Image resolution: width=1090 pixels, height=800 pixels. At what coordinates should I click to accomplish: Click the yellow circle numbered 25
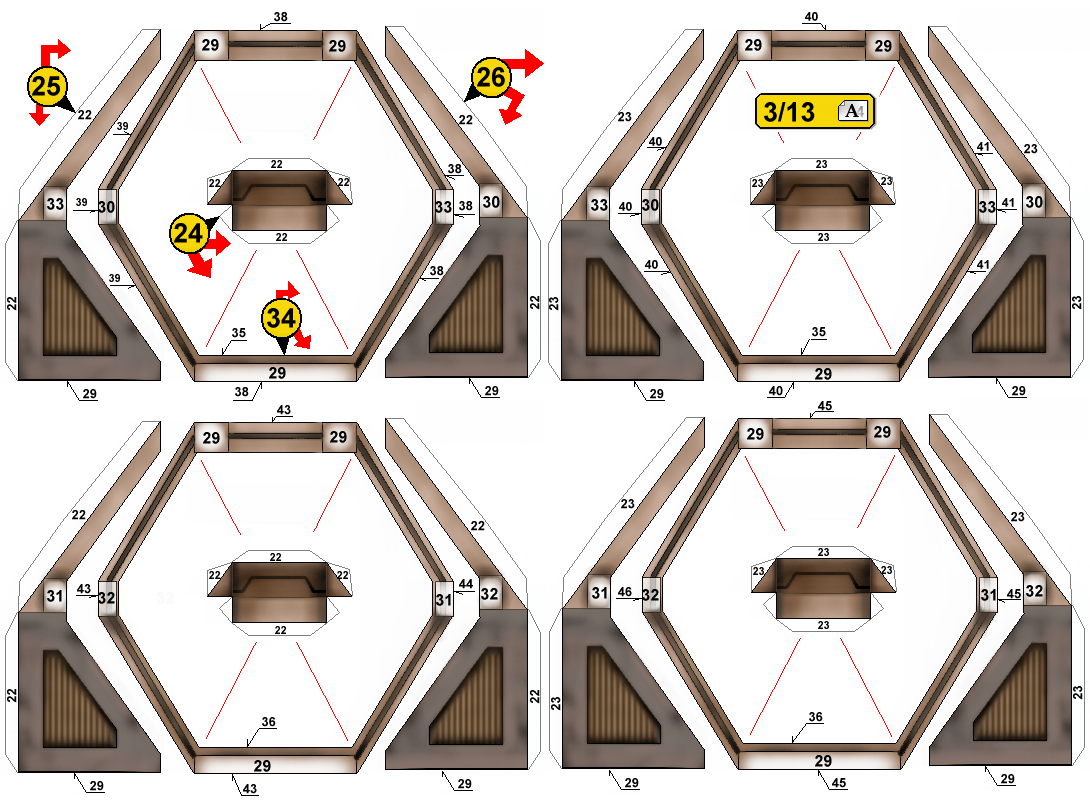[47, 86]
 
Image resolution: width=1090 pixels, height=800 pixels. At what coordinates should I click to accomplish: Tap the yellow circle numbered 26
[491, 77]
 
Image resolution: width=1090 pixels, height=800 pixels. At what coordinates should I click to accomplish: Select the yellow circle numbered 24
[189, 233]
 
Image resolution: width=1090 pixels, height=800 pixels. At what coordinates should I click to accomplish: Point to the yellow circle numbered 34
[282, 318]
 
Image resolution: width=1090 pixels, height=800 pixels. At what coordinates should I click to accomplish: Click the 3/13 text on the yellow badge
[789, 111]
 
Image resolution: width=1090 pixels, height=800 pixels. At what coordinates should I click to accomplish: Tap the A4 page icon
[853, 111]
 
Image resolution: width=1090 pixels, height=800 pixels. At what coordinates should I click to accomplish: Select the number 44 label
[466, 584]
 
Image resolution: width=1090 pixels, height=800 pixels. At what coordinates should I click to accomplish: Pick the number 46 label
[625, 591]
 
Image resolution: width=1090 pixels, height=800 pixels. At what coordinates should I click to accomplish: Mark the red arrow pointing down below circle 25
[40, 115]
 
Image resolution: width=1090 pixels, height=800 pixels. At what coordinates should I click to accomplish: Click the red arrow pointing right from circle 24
[218, 244]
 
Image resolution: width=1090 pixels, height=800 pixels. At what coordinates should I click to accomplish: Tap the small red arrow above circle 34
[287, 291]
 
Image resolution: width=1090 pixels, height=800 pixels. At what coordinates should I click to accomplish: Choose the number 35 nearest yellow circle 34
[238, 333]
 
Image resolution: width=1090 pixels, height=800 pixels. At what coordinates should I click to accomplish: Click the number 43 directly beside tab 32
[84, 589]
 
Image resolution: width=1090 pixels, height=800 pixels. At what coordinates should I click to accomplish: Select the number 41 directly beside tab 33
[1008, 203]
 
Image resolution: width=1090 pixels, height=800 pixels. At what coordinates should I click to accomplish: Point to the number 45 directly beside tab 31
[1014, 594]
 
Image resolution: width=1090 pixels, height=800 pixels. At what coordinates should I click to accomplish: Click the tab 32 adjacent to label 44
[489, 594]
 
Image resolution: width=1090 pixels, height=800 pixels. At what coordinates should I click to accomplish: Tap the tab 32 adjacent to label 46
[651, 595]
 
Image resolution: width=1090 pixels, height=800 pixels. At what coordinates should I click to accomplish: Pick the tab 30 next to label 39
[106, 207]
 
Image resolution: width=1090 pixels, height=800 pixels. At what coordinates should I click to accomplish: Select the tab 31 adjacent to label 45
[989, 595]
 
